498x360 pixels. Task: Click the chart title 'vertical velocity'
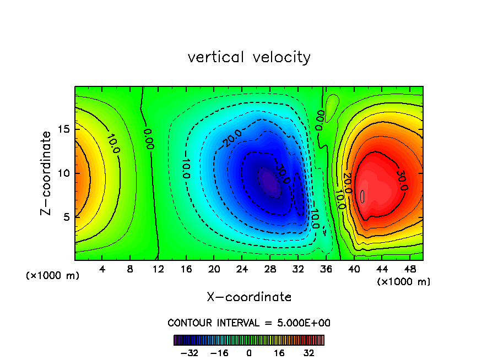(249, 57)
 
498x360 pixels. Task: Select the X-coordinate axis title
(249, 297)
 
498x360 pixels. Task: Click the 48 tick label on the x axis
(410, 270)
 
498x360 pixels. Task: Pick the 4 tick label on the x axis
(102, 270)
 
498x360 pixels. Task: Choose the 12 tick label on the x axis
(158, 270)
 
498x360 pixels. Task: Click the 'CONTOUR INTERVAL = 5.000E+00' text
(249, 323)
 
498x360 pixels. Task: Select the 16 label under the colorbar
(279, 353)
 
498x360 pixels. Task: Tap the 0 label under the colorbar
(249, 353)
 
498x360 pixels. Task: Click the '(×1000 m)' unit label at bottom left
(53, 276)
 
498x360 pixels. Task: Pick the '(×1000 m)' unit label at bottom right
(404, 282)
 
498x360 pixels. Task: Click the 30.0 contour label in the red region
(401, 181)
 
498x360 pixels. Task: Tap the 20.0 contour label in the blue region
(232, 139)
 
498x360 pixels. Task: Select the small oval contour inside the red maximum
(362, 196)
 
